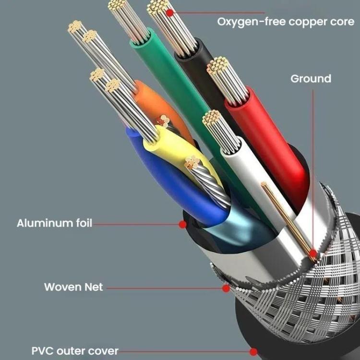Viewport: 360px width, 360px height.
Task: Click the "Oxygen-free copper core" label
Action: tap(286, 22)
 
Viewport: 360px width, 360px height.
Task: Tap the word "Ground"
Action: tap(311, 78)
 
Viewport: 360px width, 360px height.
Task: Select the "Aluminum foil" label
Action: tap(54, 223)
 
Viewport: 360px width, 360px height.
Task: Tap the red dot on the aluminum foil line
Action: tap(182, 224)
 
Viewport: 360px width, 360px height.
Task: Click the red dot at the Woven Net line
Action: tap(226, 288)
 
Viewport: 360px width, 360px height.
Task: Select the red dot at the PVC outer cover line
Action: tap(253, 351)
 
